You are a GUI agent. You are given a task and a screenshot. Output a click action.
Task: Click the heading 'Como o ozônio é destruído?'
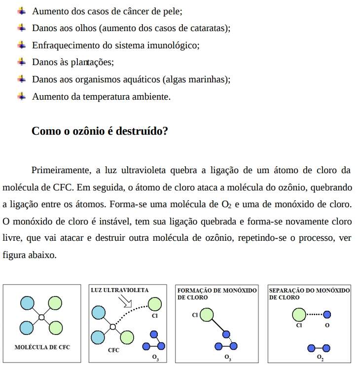[x=100, y=131]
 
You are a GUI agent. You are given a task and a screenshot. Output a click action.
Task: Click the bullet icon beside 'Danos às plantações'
[x=21, y=62]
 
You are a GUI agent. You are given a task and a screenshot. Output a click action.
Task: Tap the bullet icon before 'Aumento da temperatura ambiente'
[x=21, y=96]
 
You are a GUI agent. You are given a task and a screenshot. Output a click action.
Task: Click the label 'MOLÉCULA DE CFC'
[x=42, y=347]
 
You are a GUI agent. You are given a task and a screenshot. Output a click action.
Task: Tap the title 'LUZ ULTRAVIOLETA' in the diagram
[x=120, y=290]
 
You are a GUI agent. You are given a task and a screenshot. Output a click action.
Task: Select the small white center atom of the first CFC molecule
[x=42, y=316]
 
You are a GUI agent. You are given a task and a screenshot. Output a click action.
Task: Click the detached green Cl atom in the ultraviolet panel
[x=154, y=304]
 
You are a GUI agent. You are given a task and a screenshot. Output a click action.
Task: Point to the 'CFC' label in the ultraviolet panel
[x=114, y=350]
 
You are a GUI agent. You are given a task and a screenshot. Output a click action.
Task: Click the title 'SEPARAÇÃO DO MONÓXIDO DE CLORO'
[x=309, y=294]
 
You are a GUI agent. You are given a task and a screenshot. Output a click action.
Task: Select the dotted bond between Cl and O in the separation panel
[x=314, y=314]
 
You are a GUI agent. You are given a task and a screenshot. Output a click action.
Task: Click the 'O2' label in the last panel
[x=320, y=357]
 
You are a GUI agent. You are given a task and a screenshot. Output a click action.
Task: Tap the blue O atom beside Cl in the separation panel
[x=326, y=314]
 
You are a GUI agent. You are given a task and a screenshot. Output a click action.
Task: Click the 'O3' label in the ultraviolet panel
[x=155, y=357]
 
